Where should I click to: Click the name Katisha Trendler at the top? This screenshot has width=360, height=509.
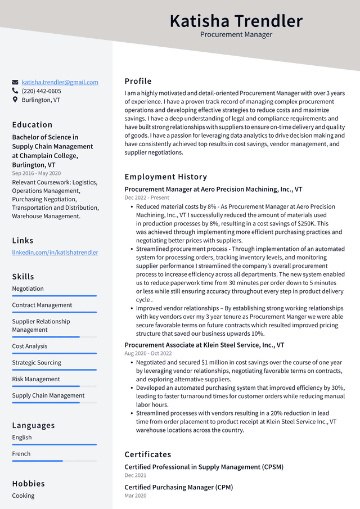[x=236, y=21]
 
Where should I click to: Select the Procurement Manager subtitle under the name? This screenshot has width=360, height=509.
[x=236, y=35]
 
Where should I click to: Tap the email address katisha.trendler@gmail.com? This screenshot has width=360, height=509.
[x=60, y=82]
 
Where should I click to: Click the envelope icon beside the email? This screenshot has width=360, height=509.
[x=15, y=82]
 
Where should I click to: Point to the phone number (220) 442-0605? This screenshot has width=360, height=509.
[x=41, y=91]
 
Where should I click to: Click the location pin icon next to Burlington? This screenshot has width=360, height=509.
[x=15, y=100]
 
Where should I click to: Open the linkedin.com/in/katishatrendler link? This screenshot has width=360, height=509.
[x=55, y=253]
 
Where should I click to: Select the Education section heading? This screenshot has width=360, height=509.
[x=32, y=125]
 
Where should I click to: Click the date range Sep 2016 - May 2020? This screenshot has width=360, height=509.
[x=36, y=173]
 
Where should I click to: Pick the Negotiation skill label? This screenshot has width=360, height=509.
[x=28, y=289]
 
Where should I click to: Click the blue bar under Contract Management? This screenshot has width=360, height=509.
[x=54, y=312]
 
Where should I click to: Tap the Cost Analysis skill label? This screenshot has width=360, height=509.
[x=30, y=346]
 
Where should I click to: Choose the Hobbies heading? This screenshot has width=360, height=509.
[x=28, y=484]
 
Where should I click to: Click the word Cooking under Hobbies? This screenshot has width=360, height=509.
[x=23, y=496]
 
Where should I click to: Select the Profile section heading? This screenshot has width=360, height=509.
[x=138, y=81]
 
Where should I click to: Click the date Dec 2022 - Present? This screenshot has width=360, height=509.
[x=147, y=198]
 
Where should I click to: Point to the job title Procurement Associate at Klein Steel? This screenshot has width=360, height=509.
[x=204, y=345]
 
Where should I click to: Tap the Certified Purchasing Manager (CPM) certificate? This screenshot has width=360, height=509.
[x=178, y=487]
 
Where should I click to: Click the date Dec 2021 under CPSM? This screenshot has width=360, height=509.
[x=136, y=475]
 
